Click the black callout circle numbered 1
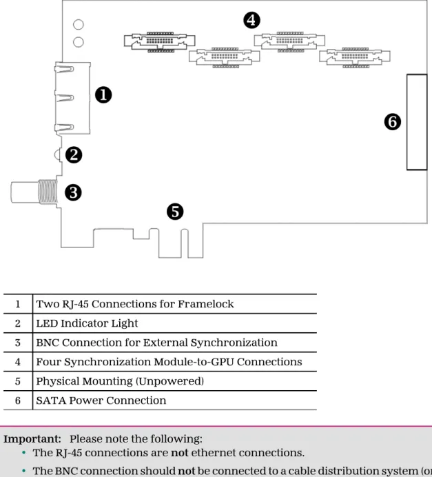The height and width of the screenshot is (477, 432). point(103,95)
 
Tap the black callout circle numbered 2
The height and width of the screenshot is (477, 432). point(74,155)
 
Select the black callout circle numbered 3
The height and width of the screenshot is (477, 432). point(73,192)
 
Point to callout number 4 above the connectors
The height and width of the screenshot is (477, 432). point(251,21)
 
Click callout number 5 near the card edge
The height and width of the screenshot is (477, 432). point(175,212)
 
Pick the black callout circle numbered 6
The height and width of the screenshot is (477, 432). point(393,122)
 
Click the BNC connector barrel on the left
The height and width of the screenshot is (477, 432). point(34,192)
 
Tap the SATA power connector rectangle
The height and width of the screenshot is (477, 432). point(417,122)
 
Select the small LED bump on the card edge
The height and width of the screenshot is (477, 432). point(58,155)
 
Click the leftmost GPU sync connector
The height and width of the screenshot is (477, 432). point(160,41)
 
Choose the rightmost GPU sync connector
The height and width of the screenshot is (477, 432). point(355,57)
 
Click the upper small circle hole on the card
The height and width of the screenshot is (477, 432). point(79,24)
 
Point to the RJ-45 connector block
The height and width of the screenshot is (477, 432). point(72,98)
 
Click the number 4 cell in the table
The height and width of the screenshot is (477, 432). point(18,362)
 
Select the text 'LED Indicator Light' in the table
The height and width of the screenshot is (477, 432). point(87,323)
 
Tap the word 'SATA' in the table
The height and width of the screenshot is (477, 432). point(51,400)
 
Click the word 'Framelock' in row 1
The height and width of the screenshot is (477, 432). point(206,304)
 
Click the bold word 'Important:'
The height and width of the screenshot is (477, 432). point(32,439)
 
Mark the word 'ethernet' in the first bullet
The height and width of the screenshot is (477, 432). point(214,453)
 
